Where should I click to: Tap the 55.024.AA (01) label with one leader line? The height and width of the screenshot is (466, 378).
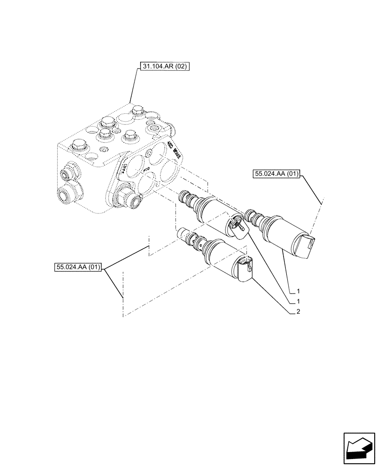276,174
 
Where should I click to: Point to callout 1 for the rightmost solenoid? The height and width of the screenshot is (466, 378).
297,292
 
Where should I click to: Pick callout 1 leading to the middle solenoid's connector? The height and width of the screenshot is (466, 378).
297,302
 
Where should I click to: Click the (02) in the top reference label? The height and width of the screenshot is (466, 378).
181,67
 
